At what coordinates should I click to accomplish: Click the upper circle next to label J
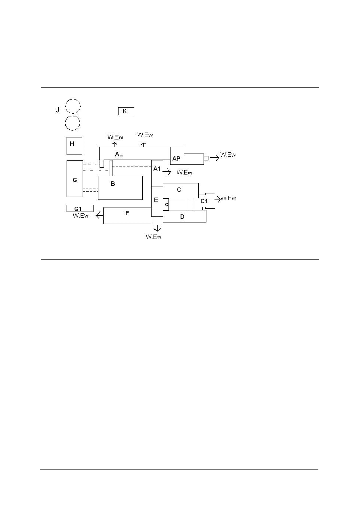coord(73,106)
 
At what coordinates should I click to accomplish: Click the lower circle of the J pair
coord(73,123)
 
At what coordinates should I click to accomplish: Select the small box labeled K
coord(126,111)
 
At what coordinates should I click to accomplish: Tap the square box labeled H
coord(74,145)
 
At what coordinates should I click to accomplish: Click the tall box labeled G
coord(75,179)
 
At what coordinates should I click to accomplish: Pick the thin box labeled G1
coord(80,208)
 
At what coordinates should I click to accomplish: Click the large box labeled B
coord(120,187)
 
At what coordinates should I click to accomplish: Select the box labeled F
coord(127,215)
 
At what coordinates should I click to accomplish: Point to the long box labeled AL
coord(133,153)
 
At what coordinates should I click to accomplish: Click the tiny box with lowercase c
coord(166,204)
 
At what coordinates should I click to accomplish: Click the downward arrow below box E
coord(157,228)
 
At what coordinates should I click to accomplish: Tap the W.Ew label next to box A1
coord(184,172)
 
